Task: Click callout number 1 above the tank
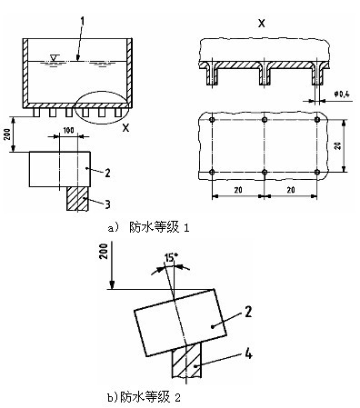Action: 82,23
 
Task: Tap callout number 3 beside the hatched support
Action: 107,204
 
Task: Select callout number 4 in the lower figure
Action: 248,353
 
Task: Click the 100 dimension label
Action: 68,130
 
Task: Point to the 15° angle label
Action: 171,258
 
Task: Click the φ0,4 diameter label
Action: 342,94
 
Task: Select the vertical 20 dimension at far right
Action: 338,145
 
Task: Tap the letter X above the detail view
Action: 261,23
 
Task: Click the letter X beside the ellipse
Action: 125,128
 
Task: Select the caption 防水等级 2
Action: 151,397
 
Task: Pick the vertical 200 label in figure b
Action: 104,251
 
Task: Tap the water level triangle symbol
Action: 55,57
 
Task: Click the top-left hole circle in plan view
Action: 212,120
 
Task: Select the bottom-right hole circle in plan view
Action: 317,173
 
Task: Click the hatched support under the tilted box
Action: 186,362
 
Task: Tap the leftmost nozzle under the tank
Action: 36,113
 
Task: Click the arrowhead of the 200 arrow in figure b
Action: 113,285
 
